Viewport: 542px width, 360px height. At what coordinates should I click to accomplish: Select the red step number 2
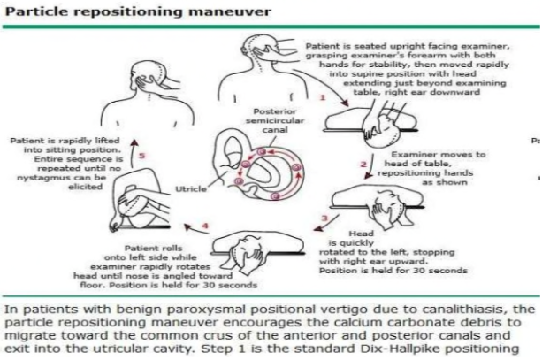(363, 165)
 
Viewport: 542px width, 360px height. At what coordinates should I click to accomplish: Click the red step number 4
(205, 227)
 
